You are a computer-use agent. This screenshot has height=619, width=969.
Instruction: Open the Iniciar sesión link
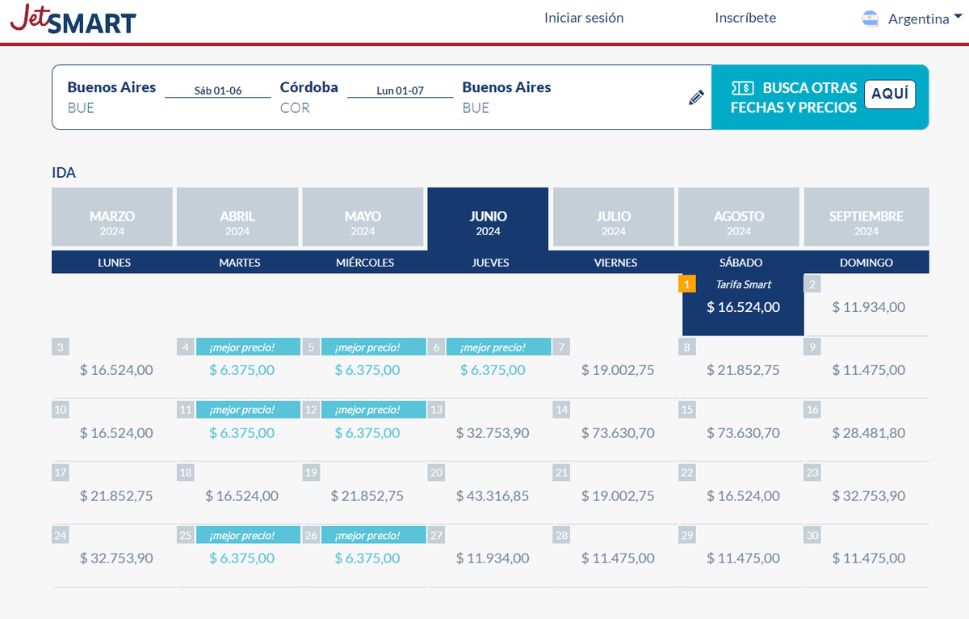point(584,18)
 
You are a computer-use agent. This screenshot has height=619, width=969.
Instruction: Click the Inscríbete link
point(745,18)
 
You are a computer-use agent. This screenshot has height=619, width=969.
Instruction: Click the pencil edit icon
point(696,98)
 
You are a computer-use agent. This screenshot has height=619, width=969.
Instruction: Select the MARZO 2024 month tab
point(112,217)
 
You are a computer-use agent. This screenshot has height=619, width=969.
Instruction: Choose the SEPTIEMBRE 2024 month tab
point(866,217)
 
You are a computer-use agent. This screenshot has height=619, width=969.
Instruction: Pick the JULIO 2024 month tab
point(614,217)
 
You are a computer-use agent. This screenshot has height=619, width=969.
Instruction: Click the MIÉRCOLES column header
point(365,263)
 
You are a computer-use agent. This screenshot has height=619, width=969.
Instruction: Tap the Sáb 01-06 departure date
point(218,91)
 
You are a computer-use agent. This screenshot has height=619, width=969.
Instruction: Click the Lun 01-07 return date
point(401,91)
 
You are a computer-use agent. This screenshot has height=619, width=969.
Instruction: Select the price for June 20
point(493,495)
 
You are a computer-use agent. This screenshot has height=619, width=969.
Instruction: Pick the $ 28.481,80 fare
point(869,433)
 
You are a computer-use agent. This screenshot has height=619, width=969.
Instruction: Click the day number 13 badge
point(437,410)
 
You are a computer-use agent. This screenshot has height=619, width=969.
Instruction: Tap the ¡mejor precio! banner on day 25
point(242,536)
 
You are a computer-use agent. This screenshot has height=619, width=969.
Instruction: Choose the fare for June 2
point(869,307)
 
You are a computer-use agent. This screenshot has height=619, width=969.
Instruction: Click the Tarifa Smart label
point(744,284)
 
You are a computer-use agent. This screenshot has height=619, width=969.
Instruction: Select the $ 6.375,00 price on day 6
point(493,370)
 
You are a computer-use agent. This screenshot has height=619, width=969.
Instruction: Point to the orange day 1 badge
point(686,284)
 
